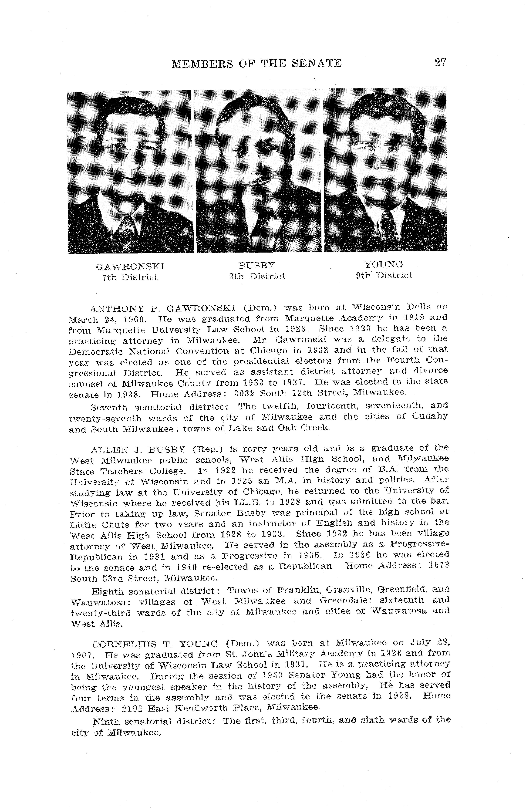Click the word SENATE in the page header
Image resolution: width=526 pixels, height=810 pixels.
tap(313, 63)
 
